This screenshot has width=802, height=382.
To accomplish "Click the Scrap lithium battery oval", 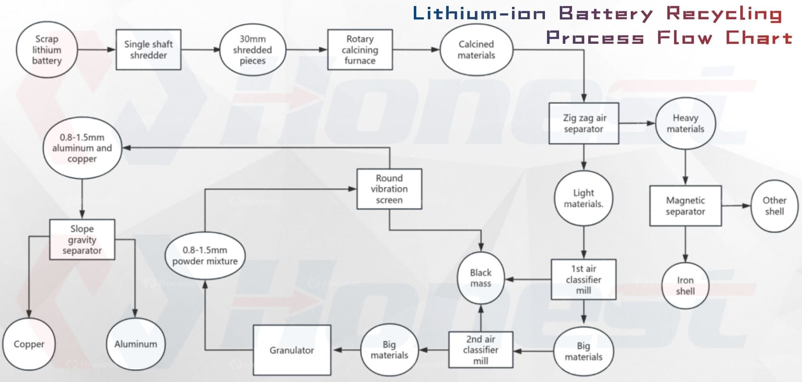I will point(47,50).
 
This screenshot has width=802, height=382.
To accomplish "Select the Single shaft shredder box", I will point(148,50).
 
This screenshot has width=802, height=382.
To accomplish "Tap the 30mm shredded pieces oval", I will point(253,50).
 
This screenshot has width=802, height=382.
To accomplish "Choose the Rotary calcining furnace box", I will point(360,50).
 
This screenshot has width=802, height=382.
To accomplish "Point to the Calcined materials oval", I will point(476,50).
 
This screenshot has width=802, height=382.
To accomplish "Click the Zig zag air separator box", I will point(583,123).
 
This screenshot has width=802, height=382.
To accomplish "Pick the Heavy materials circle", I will point(685,123).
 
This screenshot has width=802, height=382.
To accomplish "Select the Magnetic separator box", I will point(685,206).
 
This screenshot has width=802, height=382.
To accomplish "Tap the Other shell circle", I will point(774,206).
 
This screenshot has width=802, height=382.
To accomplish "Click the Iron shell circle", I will point(685,286).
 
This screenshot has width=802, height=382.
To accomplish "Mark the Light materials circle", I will point(583,198).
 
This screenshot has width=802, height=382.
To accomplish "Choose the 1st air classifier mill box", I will point(583,280).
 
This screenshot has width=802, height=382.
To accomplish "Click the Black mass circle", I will point(480,278).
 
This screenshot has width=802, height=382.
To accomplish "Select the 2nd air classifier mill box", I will point(480,350).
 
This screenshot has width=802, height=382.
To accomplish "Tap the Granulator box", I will point(292,350).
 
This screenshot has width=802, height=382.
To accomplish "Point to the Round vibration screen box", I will point(389,189).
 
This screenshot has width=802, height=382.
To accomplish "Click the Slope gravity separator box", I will point(82,239).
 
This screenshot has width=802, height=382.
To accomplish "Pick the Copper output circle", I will point(29,344).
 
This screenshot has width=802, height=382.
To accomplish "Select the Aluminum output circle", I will point(136,344).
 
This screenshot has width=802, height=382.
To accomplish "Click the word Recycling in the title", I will point(724,14).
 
